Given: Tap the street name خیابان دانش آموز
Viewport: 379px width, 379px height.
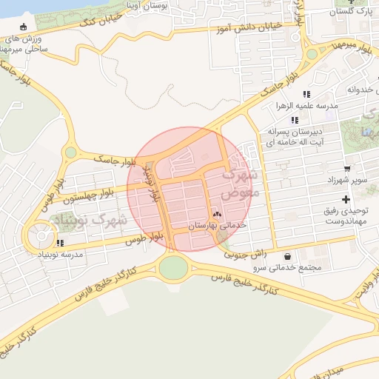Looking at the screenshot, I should coord(249,27).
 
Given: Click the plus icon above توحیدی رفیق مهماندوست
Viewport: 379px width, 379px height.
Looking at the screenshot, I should coord(346,200).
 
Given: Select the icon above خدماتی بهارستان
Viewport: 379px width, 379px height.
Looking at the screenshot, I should coord(217,214).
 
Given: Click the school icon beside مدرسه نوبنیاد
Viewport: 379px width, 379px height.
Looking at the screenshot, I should coord(60,242).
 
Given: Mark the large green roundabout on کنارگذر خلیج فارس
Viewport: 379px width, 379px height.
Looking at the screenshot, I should coord(173,267).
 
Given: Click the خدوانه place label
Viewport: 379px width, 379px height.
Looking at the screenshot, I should coord(352,90).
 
